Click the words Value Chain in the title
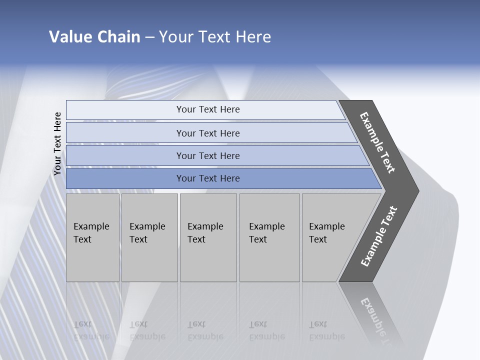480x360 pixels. tap(94, 37)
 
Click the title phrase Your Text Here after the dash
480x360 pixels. tap(215, 37)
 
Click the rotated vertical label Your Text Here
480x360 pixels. tap(58, 143)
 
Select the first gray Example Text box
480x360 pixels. tap(92, 237)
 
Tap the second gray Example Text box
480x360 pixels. tap(149, 237)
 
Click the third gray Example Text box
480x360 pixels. tap(208, 237)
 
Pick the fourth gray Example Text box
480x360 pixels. tap(269, 237)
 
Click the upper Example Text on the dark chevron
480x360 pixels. tap(377, 142)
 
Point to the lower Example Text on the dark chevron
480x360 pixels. tap(379, 236)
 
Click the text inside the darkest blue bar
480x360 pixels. tap(208, 178)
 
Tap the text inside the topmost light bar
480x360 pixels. tap(208, 109)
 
